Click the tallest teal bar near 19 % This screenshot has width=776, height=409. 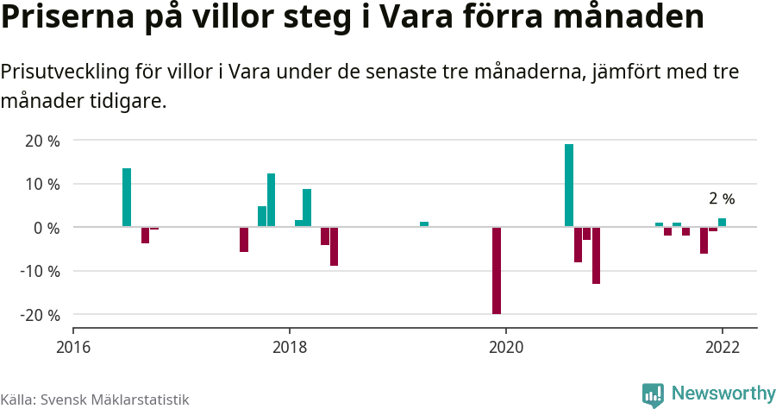coord(569,185)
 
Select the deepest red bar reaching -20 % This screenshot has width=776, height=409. coord(497,270)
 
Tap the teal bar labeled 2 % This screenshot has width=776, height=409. coord(722,223)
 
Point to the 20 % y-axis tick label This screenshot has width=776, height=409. coord(41,141)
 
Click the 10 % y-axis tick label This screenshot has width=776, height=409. coord(41,184)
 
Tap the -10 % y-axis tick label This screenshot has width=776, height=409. coord(39,271)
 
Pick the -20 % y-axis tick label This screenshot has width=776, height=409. coord(39,315)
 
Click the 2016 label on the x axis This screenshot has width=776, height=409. coord(73,347)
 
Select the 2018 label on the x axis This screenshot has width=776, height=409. coord(290,347)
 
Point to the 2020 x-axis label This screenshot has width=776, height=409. coord(506,347)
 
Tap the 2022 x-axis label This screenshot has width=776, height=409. coord(723,347)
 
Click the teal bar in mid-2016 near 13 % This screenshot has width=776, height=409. coord(127,198)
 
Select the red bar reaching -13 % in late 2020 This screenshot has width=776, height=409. coord(596,255)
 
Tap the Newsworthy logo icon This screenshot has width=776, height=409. coord(653,395)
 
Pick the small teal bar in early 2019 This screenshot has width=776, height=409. coord(424,224)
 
